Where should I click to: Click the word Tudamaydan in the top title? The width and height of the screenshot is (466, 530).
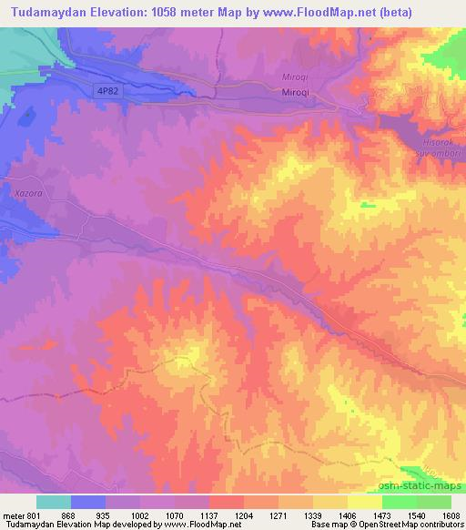click(x=50, y=13)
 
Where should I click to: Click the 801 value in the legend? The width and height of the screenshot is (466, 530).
click(x=35, y=515)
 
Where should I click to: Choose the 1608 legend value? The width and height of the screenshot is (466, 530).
click(x=450, y=515)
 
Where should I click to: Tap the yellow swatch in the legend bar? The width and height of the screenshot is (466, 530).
click(x=364, y=502)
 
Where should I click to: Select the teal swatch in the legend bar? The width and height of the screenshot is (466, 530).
click(x=54, y=502)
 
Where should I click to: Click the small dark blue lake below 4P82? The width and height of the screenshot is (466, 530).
click(x=29, y=117)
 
